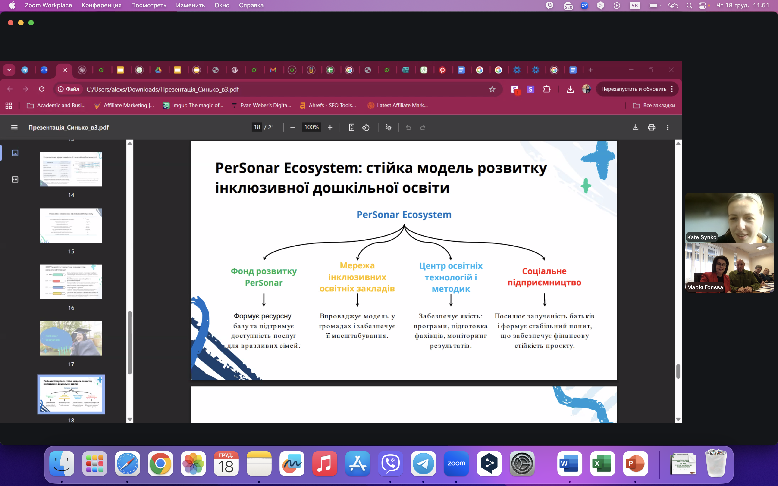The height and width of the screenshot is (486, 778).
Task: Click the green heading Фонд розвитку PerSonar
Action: [x=264, y=277]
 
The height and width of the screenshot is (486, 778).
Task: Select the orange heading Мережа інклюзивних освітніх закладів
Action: [x=357, y=277]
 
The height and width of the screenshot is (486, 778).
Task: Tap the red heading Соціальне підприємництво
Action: [x=544, y=277]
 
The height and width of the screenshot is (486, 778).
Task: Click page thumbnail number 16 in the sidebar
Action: [x=71, y=282]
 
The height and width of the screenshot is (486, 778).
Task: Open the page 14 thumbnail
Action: [x=71, y=169]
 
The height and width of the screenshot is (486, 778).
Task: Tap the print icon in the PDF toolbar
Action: [x=651, y=127]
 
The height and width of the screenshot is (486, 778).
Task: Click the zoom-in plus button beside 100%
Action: [x=330, y=127]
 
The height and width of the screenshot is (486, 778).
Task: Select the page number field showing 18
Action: [x=257, y=127]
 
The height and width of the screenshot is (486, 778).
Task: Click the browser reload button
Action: [x=42, y=89]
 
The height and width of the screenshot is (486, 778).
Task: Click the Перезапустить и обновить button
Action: [x=634, y=89]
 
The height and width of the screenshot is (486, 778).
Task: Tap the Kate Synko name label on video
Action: [x=702, y=237]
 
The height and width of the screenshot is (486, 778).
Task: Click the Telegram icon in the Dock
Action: [x=423, y=464]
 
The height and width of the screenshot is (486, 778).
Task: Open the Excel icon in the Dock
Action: [x=602, y=464]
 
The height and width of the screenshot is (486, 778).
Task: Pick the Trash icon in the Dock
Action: [x=716, y=464]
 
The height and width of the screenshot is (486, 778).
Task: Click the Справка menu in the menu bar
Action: [x=251, y=6]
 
